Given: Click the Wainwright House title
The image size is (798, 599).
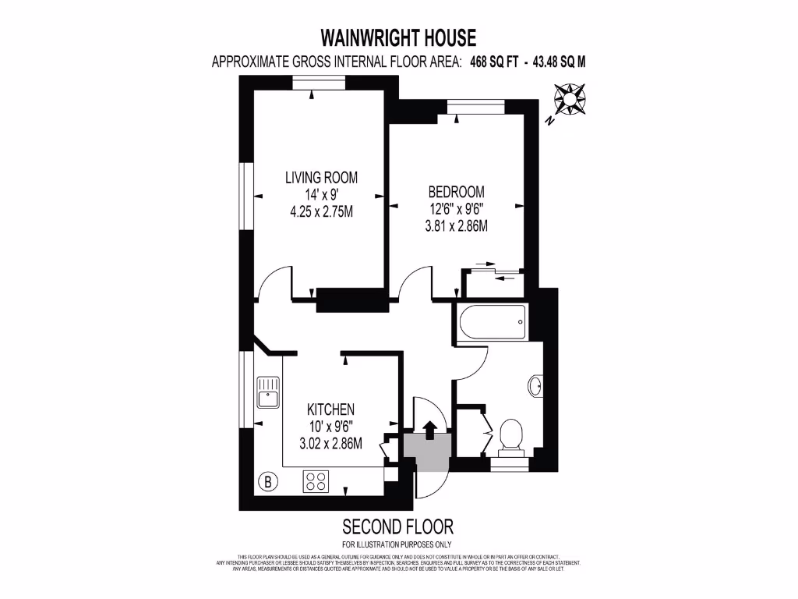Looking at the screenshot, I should click(x=398, y=37).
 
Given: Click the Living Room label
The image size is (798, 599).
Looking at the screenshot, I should click(x=321, y=177).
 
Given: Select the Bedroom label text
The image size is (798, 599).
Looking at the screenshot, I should click(x=456, y=192).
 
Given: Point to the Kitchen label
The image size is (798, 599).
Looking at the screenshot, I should click(x=331, y=409).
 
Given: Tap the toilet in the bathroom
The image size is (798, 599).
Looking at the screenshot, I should click(x=511, y=435).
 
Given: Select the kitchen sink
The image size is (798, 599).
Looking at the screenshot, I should click(x=267, y=392).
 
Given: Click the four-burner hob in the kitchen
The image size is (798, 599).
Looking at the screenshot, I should click(x=316, y=481).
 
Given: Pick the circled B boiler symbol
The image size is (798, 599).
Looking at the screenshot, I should click(x=268, y=481).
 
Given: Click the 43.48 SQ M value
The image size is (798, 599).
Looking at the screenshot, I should click(x=559, y=63).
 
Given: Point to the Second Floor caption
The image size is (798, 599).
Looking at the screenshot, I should click(x=397, y=526).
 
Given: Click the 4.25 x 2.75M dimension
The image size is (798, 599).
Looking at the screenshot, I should click(x=321, y=211).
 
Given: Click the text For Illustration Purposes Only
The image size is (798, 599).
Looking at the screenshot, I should click(x=397, y=544).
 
